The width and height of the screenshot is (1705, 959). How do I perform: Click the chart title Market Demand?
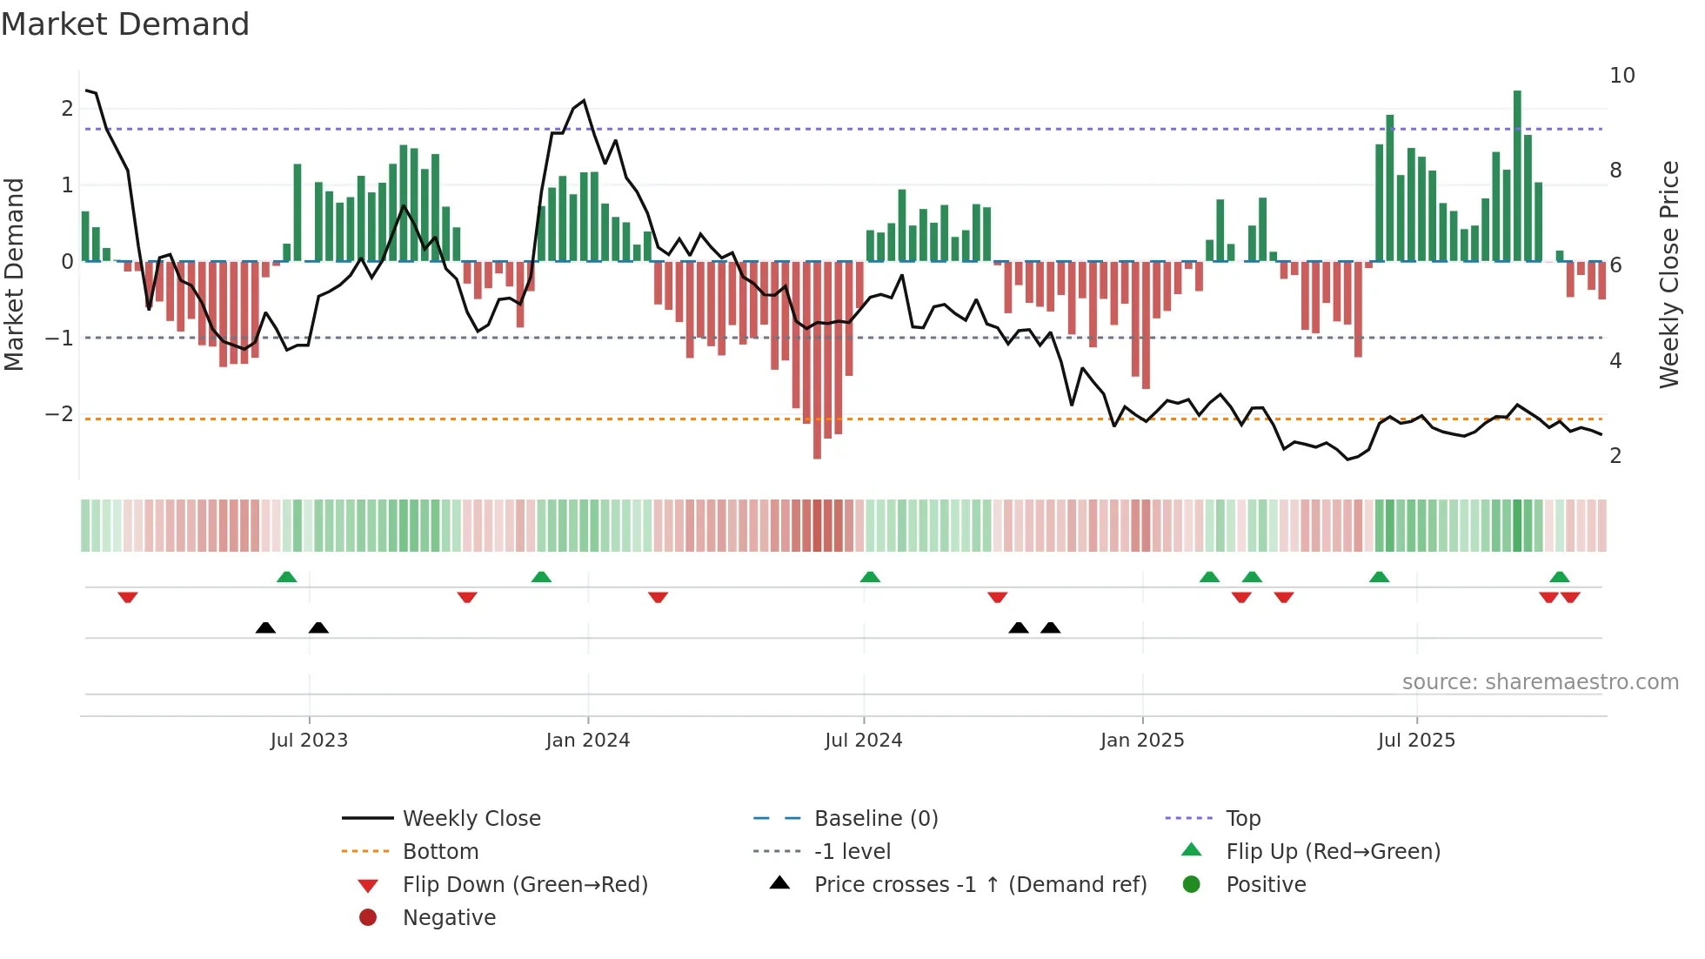coord(125,24)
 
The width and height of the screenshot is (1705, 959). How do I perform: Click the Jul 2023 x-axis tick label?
coord(309,741)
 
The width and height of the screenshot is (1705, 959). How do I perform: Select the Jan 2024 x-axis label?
coord(587,741)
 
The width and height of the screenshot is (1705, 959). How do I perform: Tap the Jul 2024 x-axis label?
coord(863,741)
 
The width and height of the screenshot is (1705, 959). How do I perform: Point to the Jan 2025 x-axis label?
coord(1141,741)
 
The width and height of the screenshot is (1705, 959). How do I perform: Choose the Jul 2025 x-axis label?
coord(1416,741)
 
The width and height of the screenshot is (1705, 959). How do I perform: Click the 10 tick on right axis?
coord(1621,76)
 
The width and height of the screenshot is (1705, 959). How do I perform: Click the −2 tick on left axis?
coord(59,414)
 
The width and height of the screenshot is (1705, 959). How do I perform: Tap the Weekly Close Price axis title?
coord(1668,274)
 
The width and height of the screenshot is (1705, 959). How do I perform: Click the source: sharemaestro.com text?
coord(1540,682)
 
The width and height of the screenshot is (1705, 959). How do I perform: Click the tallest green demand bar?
coord(1517,174)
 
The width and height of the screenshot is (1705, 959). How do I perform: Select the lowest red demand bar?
coord(817,359)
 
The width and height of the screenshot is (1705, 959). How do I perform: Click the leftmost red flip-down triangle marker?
coord(128,597)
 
